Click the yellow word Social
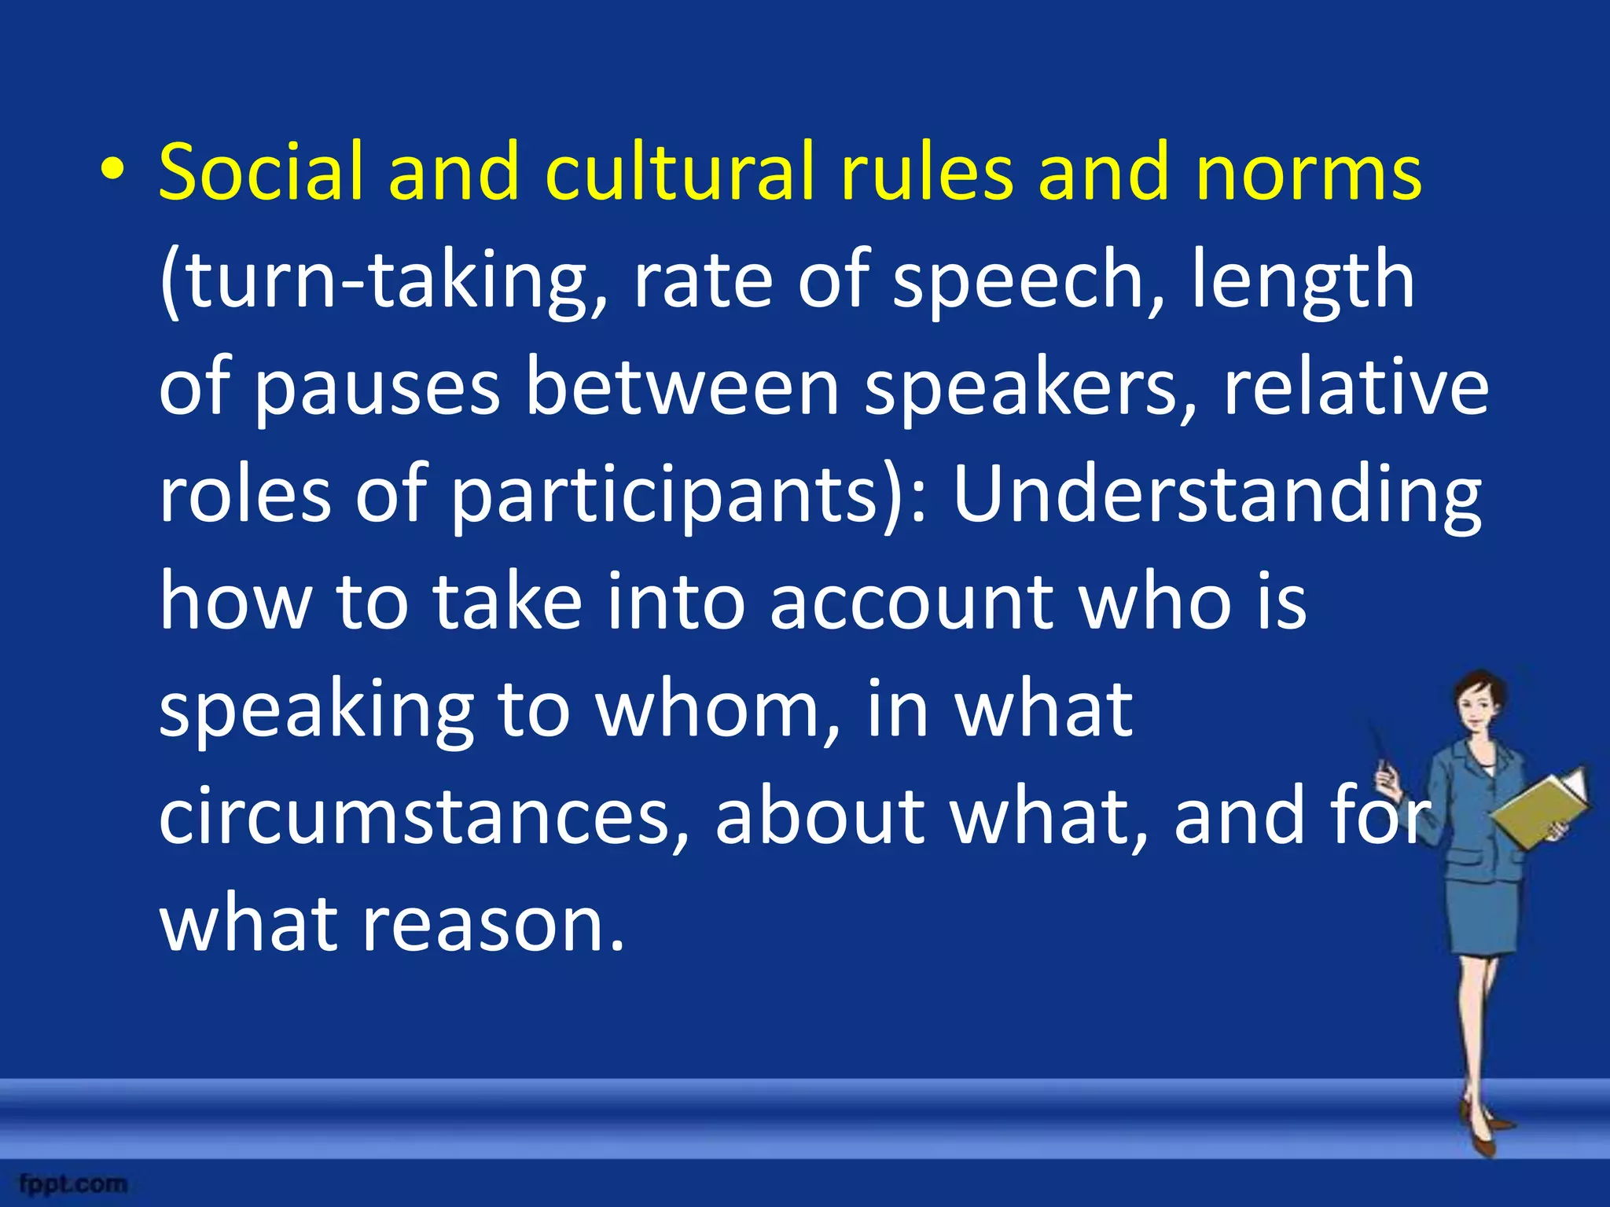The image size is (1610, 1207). [260, 171]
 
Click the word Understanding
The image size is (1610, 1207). [1217, 497]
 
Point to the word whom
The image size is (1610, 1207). [708, 709]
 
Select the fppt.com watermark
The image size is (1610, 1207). [74, 1183]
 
